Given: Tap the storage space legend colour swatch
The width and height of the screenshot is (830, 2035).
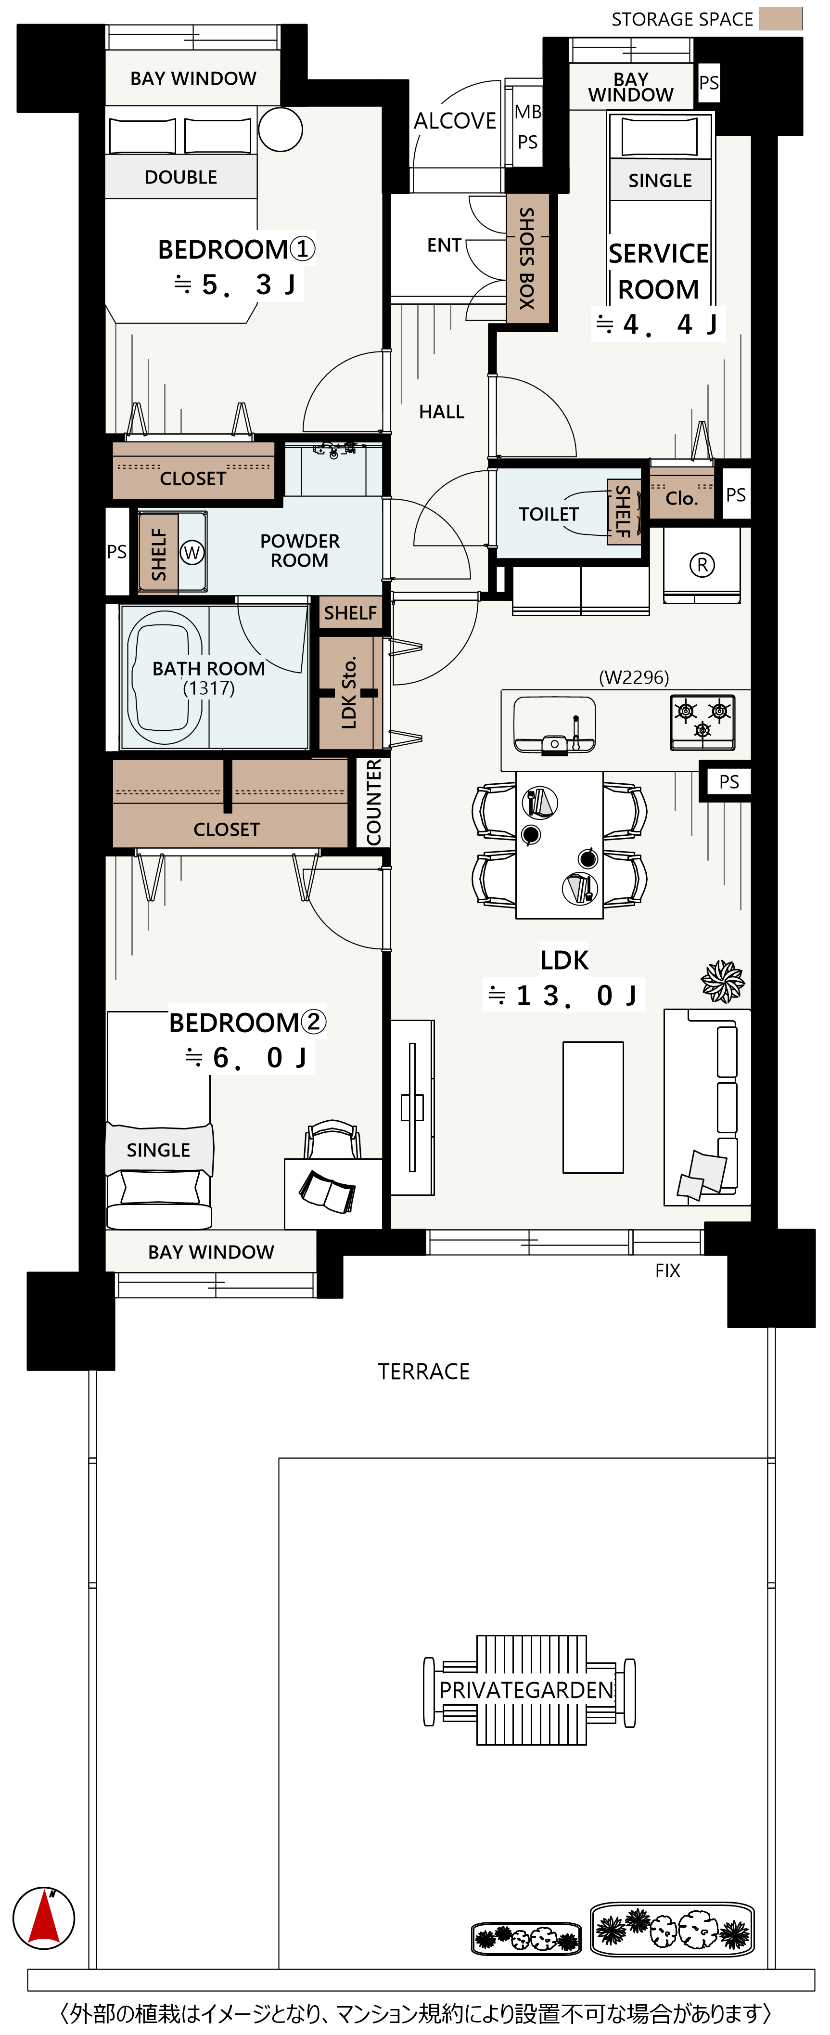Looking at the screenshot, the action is click(x=780, y=19).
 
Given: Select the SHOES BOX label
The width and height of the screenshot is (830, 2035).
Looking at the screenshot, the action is click(x=527, y=259).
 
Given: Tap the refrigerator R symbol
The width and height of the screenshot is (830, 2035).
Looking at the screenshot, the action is click(x=702, y=564).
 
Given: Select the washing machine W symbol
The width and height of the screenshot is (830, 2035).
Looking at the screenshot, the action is click(x=192, y=552).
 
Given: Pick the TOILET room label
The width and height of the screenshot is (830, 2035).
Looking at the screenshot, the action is click(x=549, y=514).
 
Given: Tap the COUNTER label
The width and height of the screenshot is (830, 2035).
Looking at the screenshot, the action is click(x=373, y=802).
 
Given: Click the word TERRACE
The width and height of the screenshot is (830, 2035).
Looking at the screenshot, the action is click(x=424, y=1372).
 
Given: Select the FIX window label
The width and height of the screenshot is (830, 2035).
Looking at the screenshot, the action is click(x=667, y=1270).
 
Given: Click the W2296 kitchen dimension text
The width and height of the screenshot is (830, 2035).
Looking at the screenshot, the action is click(x=634, y=677).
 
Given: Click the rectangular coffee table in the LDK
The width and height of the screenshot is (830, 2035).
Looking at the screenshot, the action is click(x=593, y=1108).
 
